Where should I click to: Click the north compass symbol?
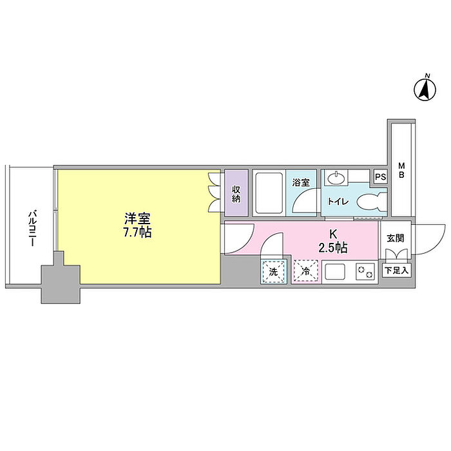(x=425, y=90)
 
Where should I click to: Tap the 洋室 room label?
(x=137, y=219)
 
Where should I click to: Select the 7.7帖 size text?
(x=137, y=232)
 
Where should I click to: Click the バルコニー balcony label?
(x=32, y=229)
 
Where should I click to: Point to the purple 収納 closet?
(x=236, y=193)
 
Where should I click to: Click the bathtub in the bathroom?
(x=269, y=193)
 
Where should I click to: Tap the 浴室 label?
(x=301, y=182)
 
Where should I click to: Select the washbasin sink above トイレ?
(x=336, y=178)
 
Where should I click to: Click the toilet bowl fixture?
(x=372, y=201)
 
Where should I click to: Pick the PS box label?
(x=381, y=177)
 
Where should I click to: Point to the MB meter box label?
(x=401, y=170)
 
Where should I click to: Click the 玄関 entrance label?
(x=395, y=238)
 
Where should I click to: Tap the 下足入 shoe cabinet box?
(x=397, y=271)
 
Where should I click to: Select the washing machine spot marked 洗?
(x=274, y=271)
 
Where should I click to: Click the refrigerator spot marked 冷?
(x=306, y=271)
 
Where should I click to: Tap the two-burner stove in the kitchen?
(x=365, y=271)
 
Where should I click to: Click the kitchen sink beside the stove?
(x=336, y=272)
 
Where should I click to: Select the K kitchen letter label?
(x=333, y=235)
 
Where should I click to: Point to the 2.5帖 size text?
(x=333, y=247)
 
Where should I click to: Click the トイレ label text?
(x=338, y=201)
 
